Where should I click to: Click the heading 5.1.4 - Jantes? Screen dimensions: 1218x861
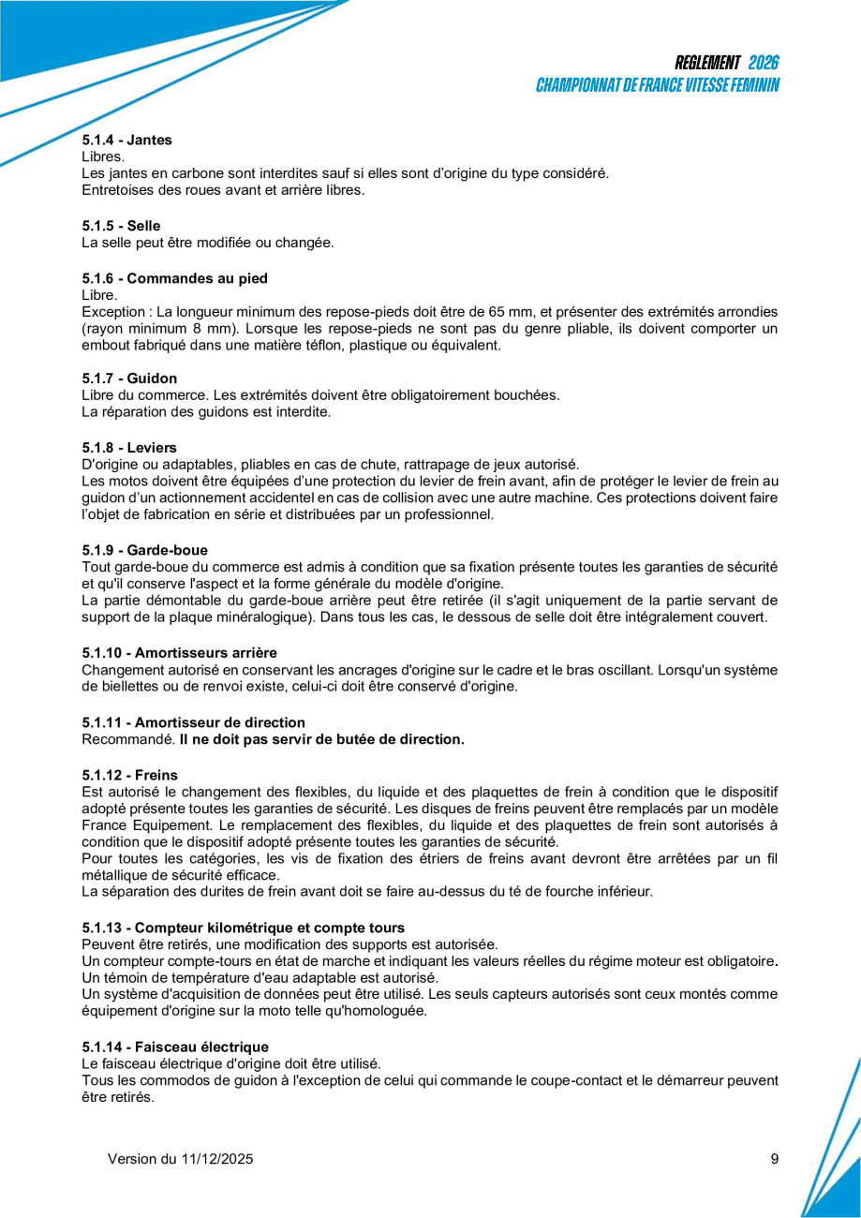point(126,140)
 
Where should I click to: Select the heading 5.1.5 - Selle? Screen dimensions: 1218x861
point(121,226)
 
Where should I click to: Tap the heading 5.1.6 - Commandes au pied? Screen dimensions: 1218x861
point(174,277)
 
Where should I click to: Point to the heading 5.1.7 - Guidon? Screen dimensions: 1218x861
point(129,379)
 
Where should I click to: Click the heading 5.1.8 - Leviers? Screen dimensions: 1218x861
point(129,448)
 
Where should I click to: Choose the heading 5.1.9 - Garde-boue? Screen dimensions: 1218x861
point(144,550)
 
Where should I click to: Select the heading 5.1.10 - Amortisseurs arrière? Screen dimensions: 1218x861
point(179,652)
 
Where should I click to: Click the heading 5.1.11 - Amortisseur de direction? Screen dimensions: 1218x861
point(193,722)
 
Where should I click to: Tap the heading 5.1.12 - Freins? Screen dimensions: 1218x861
point(129,775)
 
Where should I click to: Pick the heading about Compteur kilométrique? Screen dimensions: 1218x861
point(243,928)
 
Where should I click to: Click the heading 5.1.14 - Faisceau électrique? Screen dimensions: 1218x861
point(175,1047)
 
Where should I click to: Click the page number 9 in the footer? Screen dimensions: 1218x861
point(775,1159)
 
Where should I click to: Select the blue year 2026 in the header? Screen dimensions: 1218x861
point(764,63)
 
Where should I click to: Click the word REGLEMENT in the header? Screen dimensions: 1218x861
point(707,63)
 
